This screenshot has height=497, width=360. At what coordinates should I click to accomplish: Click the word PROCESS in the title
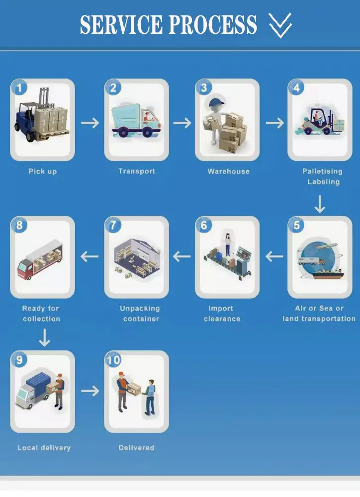(215, 24)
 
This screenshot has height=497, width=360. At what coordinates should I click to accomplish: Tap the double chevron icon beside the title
(280, 25)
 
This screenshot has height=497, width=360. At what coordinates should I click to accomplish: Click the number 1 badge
(19, 88)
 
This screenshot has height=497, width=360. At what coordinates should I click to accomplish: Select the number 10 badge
(113, 360)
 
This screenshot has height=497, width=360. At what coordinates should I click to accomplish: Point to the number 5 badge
(296, 225)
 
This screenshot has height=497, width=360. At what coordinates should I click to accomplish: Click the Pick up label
(43, 171)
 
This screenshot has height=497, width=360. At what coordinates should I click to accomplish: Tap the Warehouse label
(228, 171)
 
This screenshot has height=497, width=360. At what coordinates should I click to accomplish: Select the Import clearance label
(221, 314)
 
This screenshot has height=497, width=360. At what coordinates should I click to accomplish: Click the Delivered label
(136, 448)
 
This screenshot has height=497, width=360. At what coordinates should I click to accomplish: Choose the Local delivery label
(44, 448)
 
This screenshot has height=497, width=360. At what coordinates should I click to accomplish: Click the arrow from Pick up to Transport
(90, 123)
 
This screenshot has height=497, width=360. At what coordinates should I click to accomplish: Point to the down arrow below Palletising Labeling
(320, 204)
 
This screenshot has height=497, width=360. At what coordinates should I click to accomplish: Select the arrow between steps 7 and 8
(90, 256)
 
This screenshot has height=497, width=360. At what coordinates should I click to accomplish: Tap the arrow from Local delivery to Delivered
(90, 391)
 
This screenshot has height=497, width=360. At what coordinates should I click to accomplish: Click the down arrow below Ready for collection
(44, 338)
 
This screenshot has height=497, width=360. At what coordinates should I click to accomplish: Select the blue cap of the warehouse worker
(216, 103)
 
